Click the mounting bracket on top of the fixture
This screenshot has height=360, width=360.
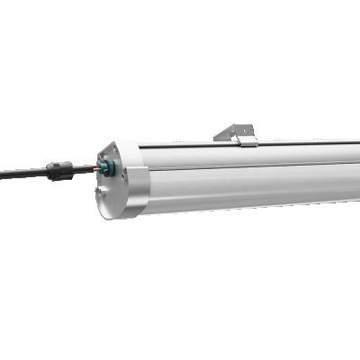coord(237,133)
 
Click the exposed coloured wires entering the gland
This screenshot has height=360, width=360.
coord(97,166)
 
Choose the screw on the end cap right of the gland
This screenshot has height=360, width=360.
coord(123,177)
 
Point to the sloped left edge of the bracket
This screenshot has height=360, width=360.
coord(221,135)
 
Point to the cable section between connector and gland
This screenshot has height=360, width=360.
coord(83,166)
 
